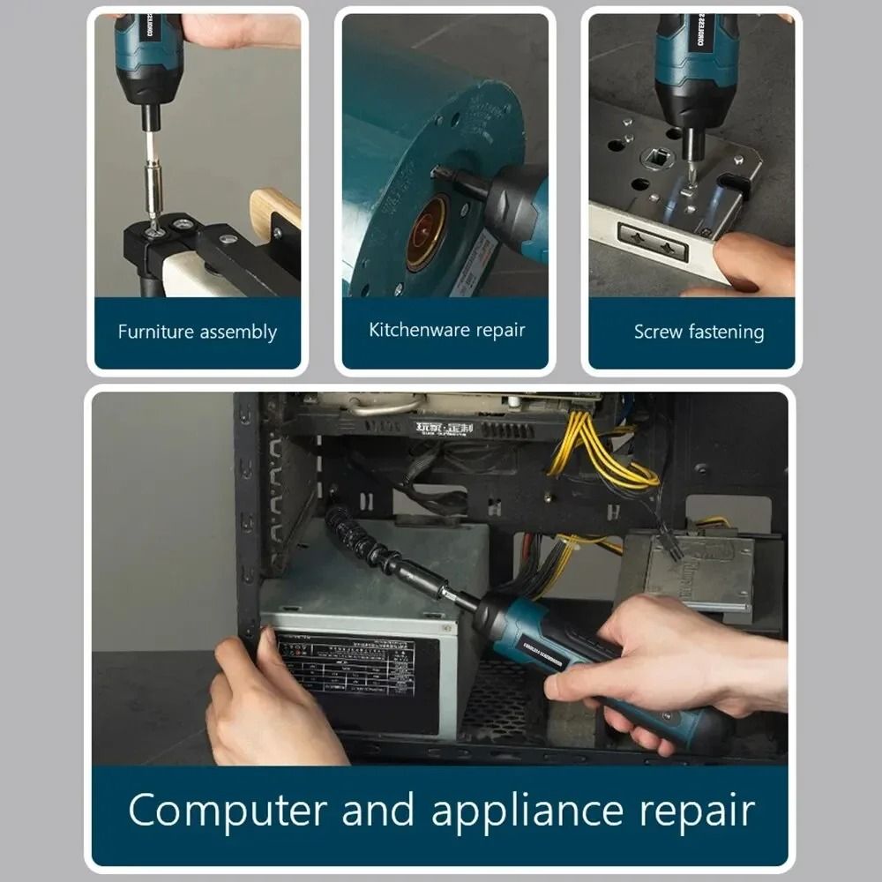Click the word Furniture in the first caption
tap(156, 333)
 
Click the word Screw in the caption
tap(659, 333)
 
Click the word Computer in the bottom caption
tap(228, 811)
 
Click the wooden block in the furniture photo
tap(274, 212)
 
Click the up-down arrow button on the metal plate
tap(654, 241)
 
